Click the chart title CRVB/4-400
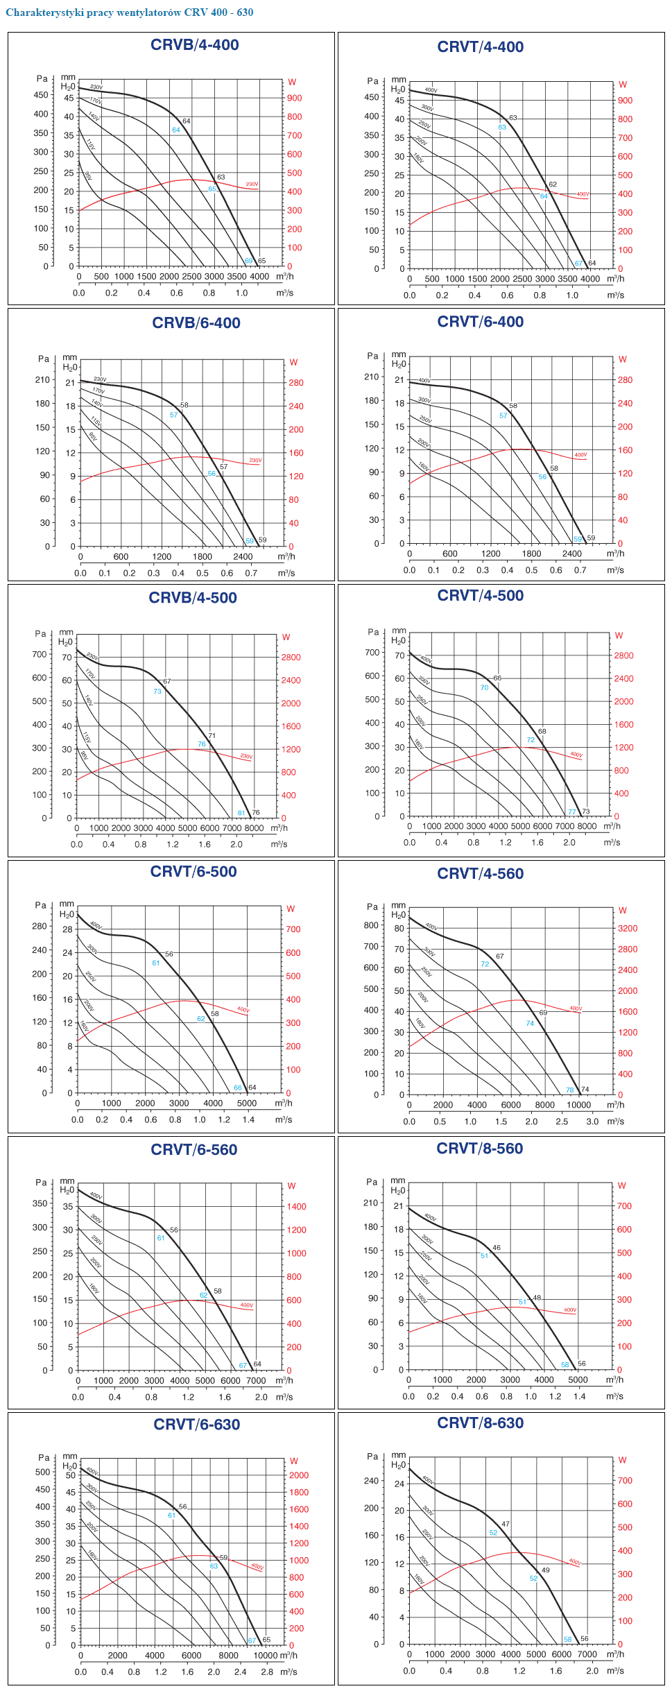tap(194, 45)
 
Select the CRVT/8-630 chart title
tap(480, 1423)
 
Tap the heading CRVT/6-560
tap(194, 1150)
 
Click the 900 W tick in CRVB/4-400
tap(295, 98)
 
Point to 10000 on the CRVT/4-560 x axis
tap(579, 1106)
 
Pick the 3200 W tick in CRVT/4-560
tap(628, 929)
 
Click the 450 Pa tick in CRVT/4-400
tap(372, 98)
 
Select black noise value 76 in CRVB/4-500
tap(256, 813)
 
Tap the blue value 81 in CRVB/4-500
tap(241, 814)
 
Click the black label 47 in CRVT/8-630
tap(506, 1525)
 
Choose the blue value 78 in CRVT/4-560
tap(570, 1090)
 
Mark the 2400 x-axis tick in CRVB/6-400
tap(243, 557)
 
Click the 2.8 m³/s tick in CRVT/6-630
tap(267, 1672)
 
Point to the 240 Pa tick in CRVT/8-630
tap(372, 1481)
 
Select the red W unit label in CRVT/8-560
tap(621, 1185)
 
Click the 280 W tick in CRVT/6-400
tap(625, 380)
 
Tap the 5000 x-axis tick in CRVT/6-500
tap(247, 1104)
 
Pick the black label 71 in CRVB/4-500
tap(212, 736)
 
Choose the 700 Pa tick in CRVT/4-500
tap(372, 653)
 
